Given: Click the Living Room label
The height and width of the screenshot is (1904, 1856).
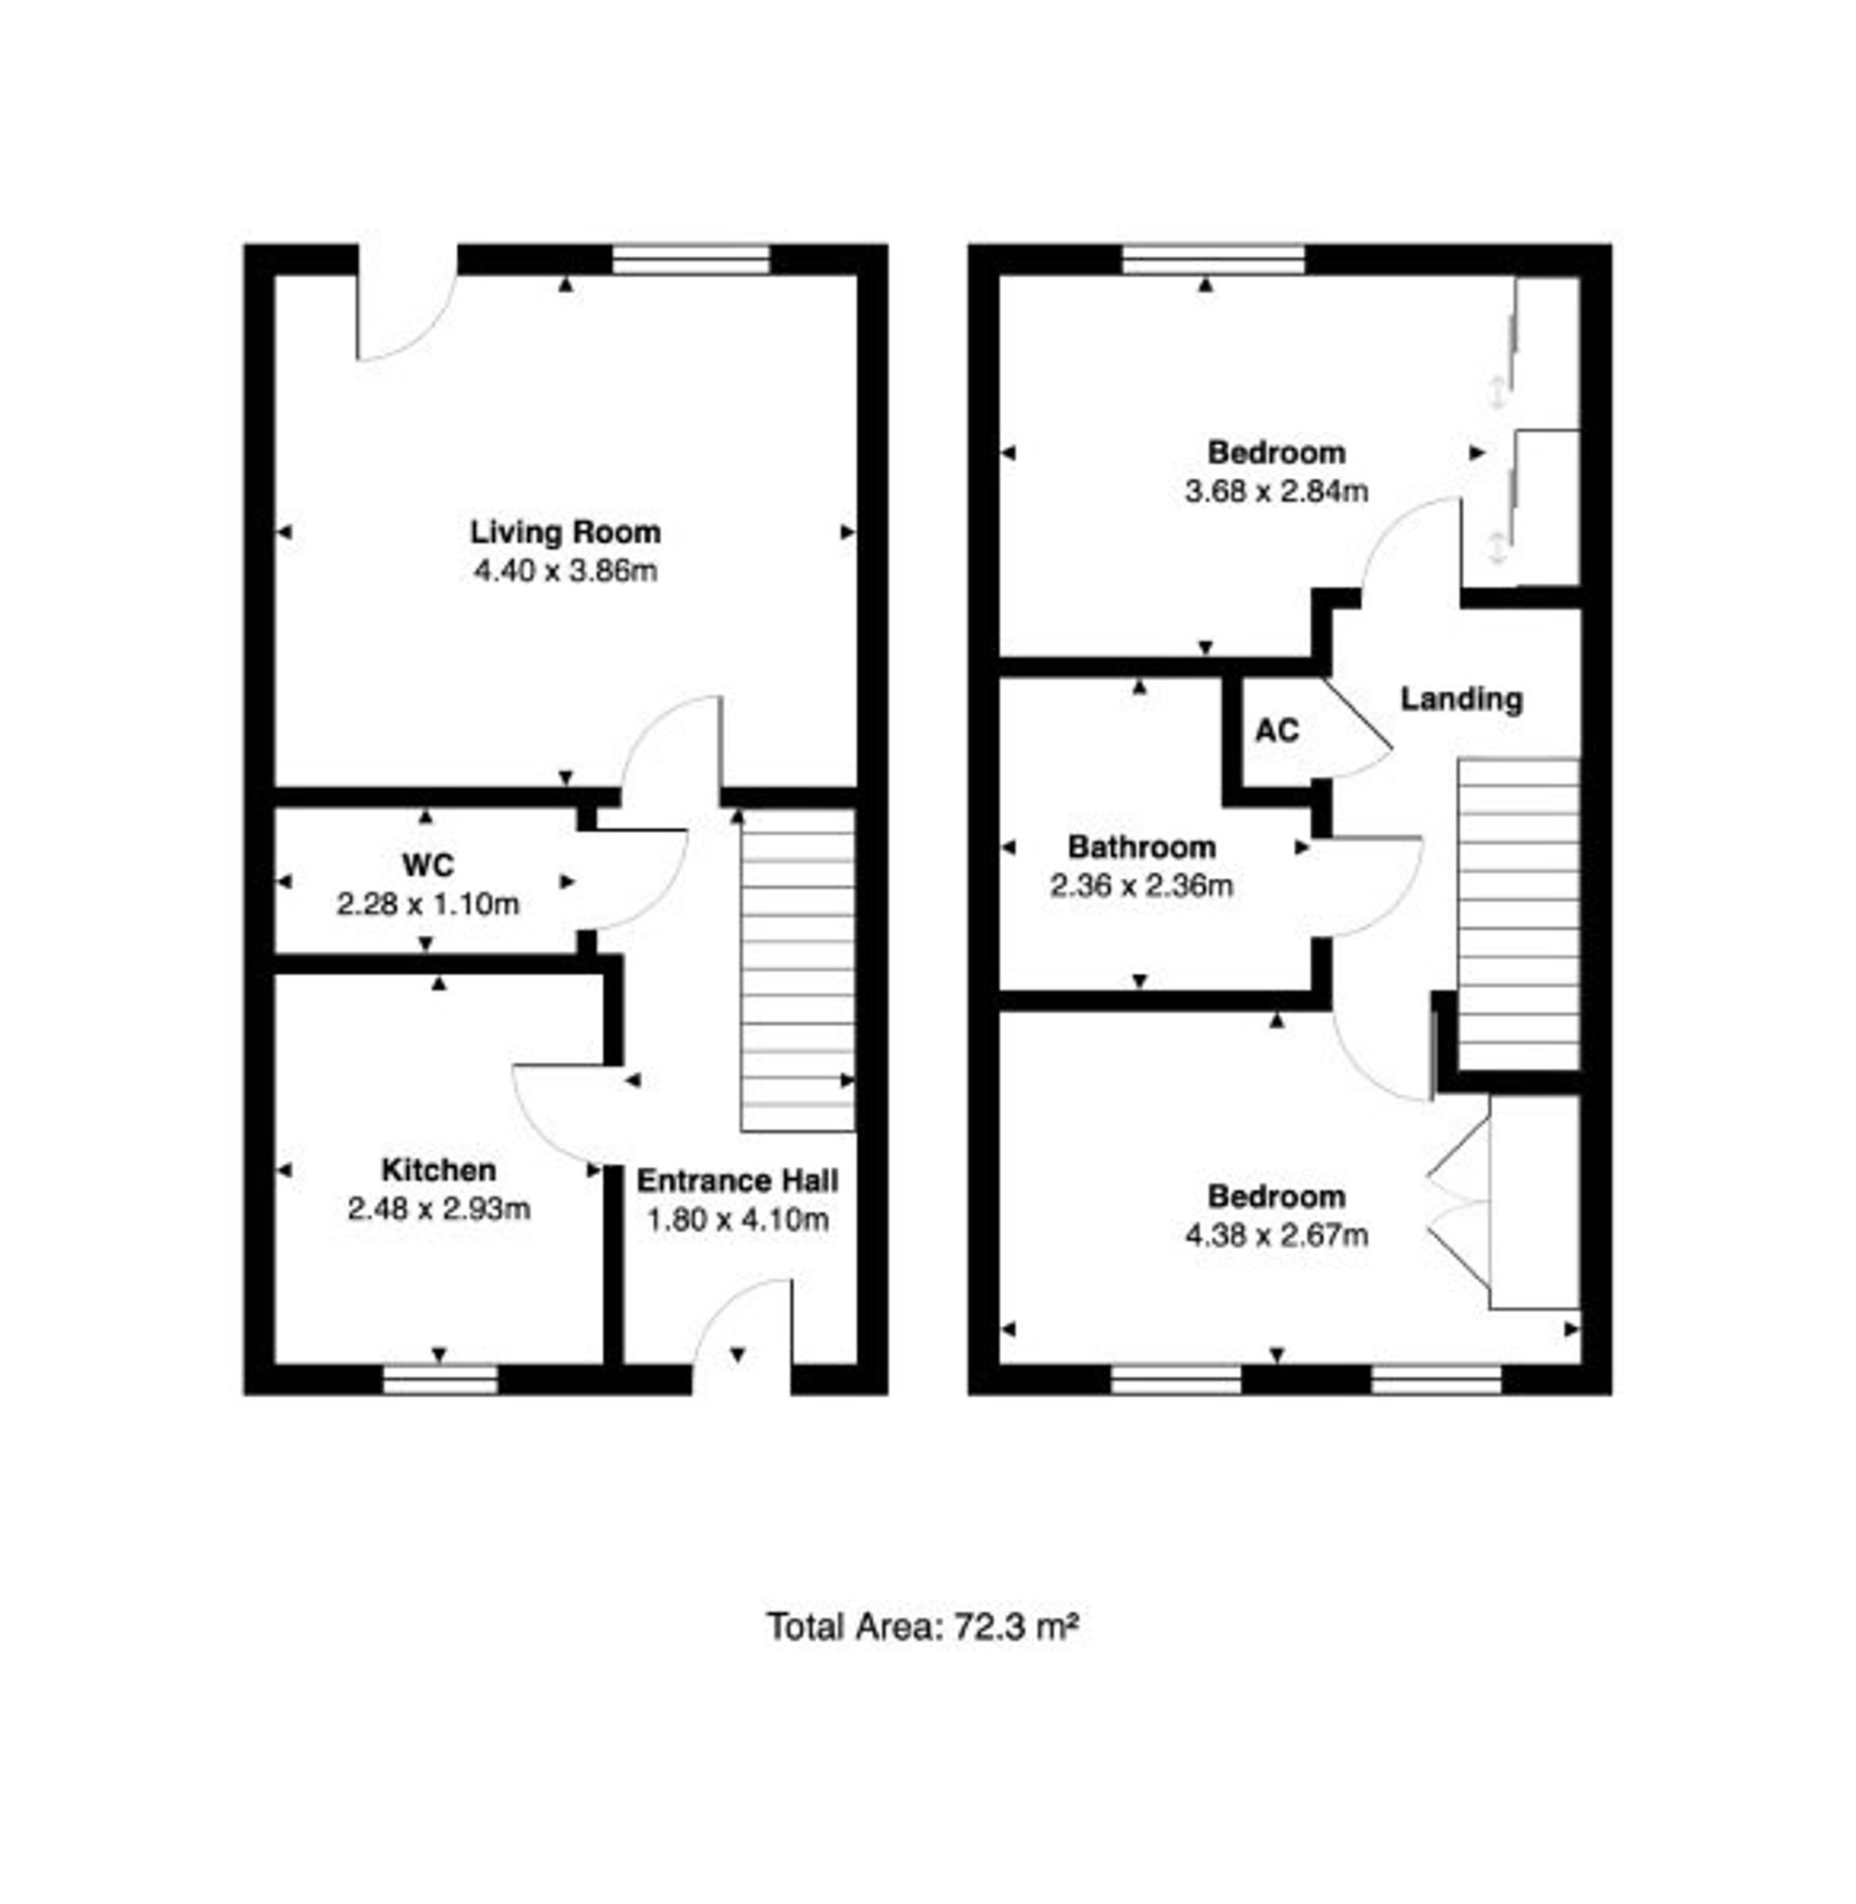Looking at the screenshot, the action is click(565, 532).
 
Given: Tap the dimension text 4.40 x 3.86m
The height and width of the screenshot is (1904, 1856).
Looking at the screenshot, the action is click(565, 570).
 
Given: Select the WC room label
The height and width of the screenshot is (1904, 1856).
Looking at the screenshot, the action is click(428, 865).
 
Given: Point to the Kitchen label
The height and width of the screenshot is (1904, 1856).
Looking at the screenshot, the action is click(439, 1170).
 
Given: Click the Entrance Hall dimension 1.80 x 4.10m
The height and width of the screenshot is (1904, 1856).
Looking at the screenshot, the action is click(738, 1220).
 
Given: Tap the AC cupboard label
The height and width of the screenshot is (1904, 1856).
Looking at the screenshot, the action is click(1277, 731).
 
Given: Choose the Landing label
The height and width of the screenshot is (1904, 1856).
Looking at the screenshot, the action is click(1461, 699).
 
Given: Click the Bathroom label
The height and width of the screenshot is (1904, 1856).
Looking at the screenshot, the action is click(1142, 847).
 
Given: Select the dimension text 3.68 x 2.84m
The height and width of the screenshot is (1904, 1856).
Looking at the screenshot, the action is click(1276, 490).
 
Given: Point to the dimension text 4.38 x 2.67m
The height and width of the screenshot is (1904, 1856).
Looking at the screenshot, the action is click(1276, 1235).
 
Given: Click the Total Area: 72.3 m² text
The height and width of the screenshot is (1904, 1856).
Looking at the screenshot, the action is click(922, 1627).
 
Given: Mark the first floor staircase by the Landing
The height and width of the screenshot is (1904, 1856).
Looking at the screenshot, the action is click(1518, 913).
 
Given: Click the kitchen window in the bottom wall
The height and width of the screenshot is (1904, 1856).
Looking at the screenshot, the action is click(439, 1379).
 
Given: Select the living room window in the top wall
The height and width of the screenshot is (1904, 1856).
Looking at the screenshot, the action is click(691, 259).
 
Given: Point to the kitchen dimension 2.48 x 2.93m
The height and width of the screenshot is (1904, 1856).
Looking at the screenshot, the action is click(439, 1209).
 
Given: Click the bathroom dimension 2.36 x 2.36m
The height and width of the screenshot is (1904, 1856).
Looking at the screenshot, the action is click(1142, 885).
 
